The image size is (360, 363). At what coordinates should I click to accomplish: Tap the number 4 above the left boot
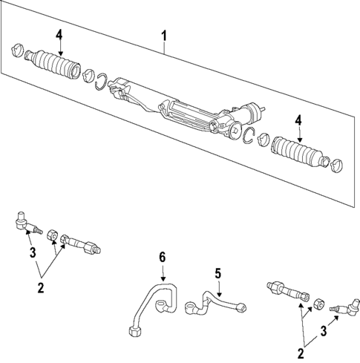tap(59, 33)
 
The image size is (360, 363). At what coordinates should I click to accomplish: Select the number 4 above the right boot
tap(298, 119)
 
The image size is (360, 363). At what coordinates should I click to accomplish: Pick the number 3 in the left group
tap(32, 254)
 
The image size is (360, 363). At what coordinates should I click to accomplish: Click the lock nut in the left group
tap(51, 236)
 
